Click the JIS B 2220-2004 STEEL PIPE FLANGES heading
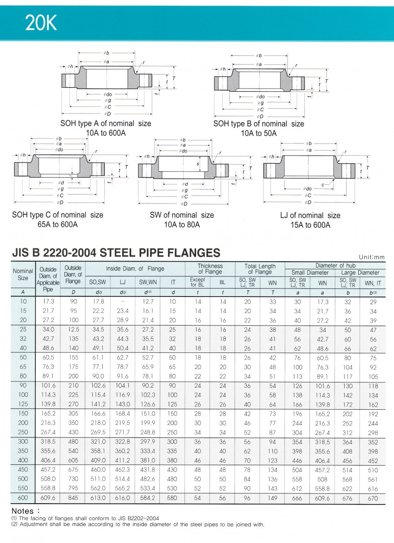click(x=116, y=253)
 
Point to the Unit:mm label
click(x=372, y=257)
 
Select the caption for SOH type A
click(x=106, y=128)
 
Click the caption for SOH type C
click(x=57, y=219)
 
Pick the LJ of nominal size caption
click(x=310, y=220)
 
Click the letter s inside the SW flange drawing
click(x=197, y=164)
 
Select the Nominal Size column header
click(x=23, y=274)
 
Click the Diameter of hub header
click(x=335, y=266)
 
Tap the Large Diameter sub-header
click(x=360, y=272)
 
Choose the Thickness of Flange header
click(x=210, y=269)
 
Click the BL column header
click(x=223, y=282)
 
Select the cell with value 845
click(x=73, y=498)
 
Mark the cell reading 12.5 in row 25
click(x=73, y=330)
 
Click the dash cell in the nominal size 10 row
click(x=122, y=301)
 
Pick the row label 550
click(x=23, y=488)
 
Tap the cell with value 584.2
click(x=148, y=498)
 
